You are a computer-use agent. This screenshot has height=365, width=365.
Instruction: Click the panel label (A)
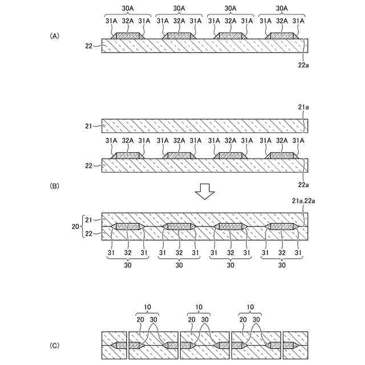pos(55,35)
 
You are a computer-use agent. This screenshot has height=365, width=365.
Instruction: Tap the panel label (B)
pos(55,186)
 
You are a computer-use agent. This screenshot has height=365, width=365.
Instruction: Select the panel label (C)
pos(55,345)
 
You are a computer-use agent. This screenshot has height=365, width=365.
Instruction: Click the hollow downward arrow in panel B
pos(204,193)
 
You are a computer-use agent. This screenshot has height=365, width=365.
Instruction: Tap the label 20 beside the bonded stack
pos(76,226)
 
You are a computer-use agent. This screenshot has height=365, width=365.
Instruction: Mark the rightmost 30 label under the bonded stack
pos(282,265)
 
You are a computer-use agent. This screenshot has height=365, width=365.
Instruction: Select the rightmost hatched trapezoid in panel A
pos(282,36)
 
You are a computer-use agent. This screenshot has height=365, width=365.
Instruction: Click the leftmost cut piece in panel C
pos(113,345)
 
